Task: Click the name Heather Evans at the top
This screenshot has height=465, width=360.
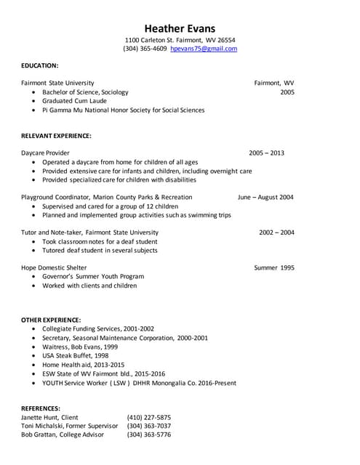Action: coord(180,28)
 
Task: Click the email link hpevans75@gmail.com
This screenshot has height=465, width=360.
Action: coord(204,49)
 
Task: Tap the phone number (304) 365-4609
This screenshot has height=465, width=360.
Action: coord(145,49)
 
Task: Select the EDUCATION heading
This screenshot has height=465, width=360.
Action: coord(40,65)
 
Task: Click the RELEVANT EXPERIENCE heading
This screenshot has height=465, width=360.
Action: coord(56,136)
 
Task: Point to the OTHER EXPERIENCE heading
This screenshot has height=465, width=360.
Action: coord(51,320)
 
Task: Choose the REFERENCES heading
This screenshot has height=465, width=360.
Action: coord(41,408)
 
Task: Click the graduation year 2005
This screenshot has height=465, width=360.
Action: coord(287,92)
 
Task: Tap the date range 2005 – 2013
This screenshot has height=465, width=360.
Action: coord(266,153)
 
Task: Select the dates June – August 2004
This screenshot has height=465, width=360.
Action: coord(265,197)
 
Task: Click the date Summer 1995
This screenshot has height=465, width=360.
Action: coord(274,267)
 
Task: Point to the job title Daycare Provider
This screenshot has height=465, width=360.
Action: coord(45,153)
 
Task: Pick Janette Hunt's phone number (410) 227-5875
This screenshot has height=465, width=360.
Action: coord(148,418)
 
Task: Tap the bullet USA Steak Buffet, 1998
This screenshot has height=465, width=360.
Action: coord(76,355)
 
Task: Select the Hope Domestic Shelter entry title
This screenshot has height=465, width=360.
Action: coord(54,267)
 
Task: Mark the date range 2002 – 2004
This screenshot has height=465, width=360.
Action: coord(276,232)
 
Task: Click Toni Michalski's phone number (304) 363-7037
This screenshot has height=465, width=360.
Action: coord(148,426)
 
